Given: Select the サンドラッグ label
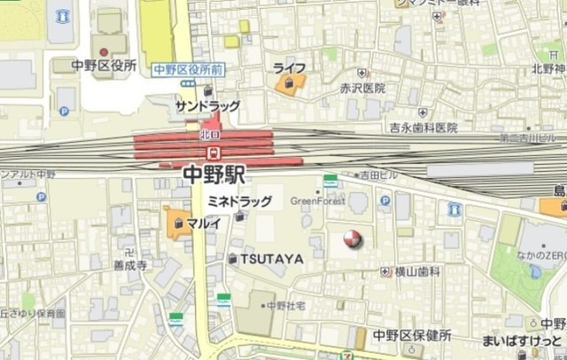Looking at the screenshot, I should coord(207,106).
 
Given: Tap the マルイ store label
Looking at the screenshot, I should coord(203,223).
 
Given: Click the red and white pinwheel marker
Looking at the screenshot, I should coord(352,239).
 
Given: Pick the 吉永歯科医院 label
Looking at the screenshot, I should coord(423,129).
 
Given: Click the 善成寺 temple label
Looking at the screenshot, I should coord(129,264).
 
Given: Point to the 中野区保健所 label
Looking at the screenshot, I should coord(412,335).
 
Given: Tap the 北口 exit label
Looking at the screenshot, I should coord(209,134).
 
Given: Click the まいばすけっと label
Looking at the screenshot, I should coord(522,341).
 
